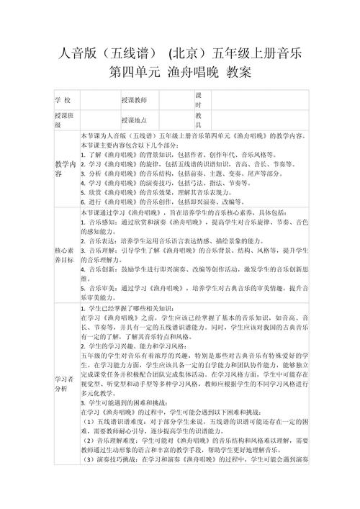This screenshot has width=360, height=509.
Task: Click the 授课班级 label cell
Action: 63,120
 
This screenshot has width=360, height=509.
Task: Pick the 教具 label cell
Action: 199,120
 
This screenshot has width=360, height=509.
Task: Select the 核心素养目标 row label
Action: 63,253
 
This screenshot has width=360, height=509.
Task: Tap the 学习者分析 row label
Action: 63,382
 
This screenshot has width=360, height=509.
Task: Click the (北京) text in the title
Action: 188,53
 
